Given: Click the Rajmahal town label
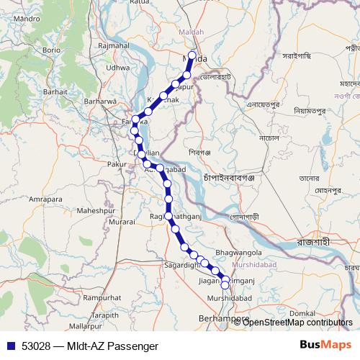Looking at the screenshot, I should [113, 45].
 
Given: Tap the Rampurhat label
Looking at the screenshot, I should [102, 297].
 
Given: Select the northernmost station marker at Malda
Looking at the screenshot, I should [192, 55].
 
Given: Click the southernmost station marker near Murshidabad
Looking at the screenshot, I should [225, 286].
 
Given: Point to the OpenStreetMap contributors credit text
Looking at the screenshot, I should [297, 323].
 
